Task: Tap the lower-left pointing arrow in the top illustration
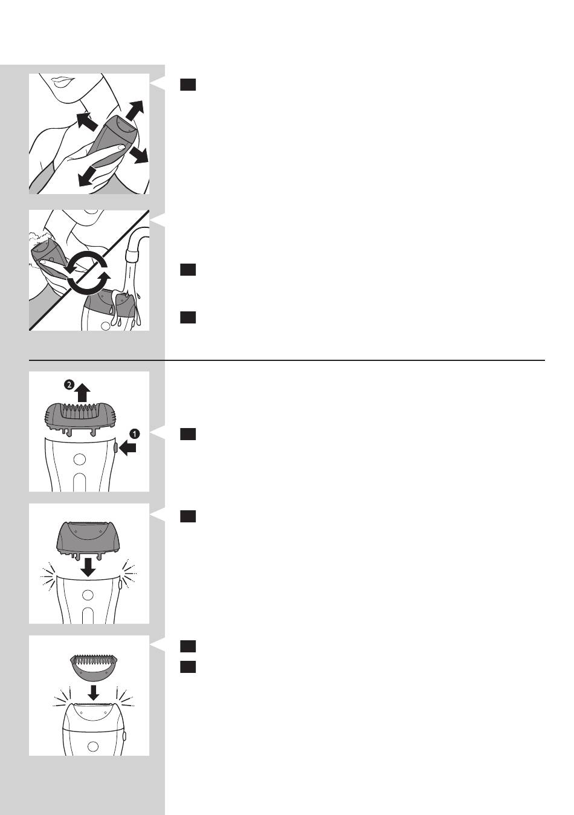tap(87, 177)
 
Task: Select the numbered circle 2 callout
tap(69, 385)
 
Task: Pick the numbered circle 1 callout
tap(135, 433)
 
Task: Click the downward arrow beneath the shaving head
tap(88, 567)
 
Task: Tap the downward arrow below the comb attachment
tap(94, 692)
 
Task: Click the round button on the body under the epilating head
tap(79, 459)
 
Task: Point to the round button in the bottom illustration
tap(93, 747)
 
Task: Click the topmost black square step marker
tap(188, 85)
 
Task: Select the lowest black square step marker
tap(188, 667)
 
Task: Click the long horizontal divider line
tap(287, 360)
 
